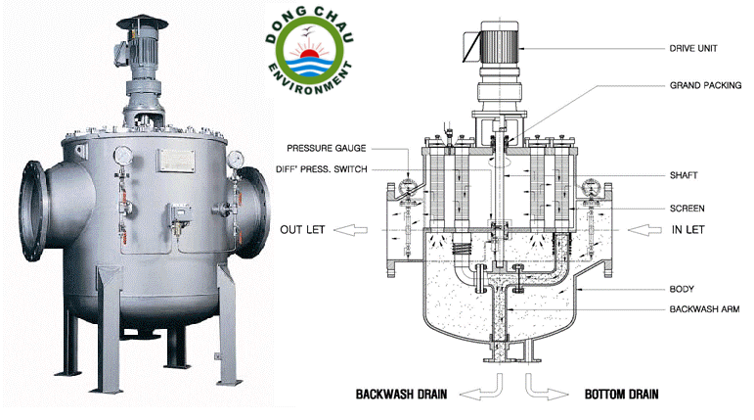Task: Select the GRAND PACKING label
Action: coord(703,86)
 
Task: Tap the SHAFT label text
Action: coord(686,175)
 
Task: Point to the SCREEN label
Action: coord(688,209)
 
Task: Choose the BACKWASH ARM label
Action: coord(703,308)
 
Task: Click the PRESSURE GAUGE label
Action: coord(327,148)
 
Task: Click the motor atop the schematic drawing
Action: coord(498,44)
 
